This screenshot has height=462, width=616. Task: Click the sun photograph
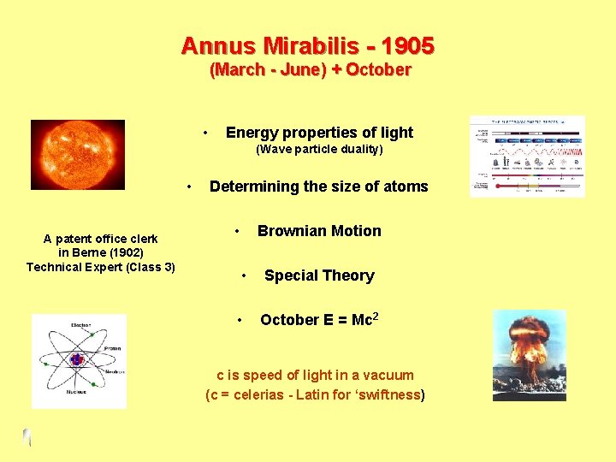coord(77,154)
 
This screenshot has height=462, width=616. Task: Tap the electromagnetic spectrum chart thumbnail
coord(527,156)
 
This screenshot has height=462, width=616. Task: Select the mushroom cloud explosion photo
coord(529,355)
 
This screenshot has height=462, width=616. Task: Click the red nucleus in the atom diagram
coord(77,360)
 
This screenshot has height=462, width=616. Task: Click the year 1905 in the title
coord(408,45)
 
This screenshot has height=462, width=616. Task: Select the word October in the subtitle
coord(378,70)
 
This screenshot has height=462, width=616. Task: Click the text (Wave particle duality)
coord(319,150)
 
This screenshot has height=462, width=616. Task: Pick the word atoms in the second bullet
coord(405,187)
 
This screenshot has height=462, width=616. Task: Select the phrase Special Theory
coord(319,275)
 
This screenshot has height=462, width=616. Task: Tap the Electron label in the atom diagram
coord(81,326)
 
